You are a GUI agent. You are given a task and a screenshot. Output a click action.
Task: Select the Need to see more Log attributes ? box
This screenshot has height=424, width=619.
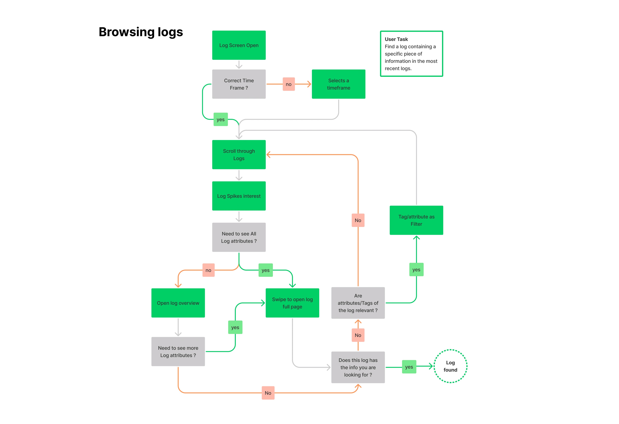[178, 352]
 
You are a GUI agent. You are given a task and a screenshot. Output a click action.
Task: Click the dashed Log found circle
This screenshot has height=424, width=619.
[450, 366]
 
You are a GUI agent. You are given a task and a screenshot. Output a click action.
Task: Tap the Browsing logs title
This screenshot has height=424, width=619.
[141, 32]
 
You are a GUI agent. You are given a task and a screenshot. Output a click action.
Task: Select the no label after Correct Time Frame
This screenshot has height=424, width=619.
[288, 84]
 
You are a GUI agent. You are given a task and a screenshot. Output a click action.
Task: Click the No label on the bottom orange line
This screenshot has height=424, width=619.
[268, 393]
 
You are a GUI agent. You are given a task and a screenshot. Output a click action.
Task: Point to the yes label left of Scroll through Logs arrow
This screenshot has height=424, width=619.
[220, 119]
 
